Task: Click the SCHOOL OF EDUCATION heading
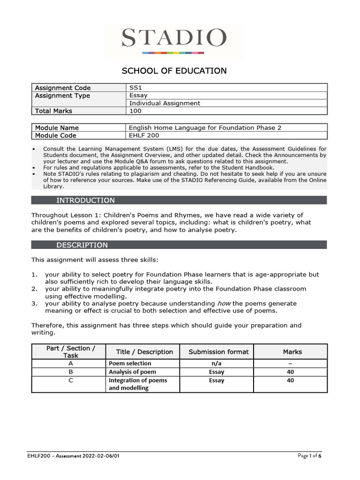pyautogui.click(x=174, y=71)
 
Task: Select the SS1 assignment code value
pyautogui.click(x=135, y=88)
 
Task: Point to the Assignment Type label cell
pyautogui.click(x=62, y=96)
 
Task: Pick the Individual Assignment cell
pyautogui.click(x=165, y=103)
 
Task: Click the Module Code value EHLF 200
pyautogui.click(x=144, y=135)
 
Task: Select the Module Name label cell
pyautogui.click(x=57, y=127)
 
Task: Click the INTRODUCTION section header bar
pyautogui.click(x=179, y=200)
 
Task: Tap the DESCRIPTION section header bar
pyautogui.click(x=179, y=245)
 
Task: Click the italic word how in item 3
pyautogui.click(x=224, y=304)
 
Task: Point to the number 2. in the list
pyautogui.click(x=35, y=289)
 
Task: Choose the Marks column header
pyautogui.click(x=292, y=352)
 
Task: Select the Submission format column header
pyautogui.click(x=218, y=352)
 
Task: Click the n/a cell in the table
pyautogui.click(x=218, y=363)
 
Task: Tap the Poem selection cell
pyautogui.click(x=130, y=363)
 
